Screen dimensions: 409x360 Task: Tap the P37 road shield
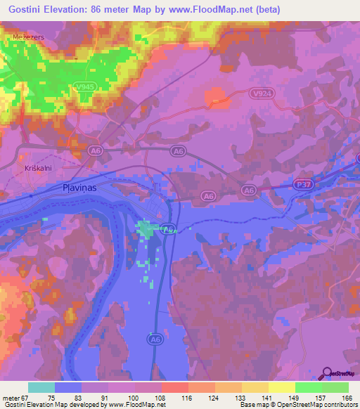(x=301, y=185)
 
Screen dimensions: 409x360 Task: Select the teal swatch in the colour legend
(x=41, y=387)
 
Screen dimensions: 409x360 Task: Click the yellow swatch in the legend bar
(x=281, y=387)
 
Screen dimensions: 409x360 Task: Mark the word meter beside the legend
(x=11, y=397)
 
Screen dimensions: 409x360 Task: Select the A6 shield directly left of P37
(x=248, y=190)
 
